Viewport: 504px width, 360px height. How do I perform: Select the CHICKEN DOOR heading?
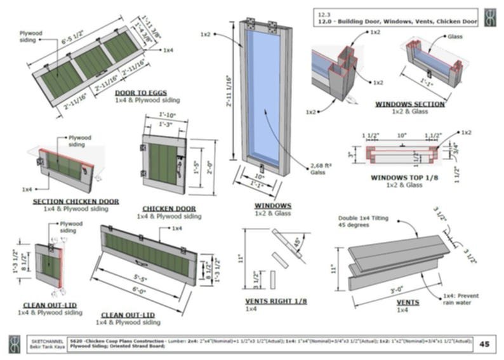pos(169,208)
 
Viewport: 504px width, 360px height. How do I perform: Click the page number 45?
pos(484,344)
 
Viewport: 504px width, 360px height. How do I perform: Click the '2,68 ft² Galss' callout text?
pos(320,169)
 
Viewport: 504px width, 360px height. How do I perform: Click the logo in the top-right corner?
pos(490,18)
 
